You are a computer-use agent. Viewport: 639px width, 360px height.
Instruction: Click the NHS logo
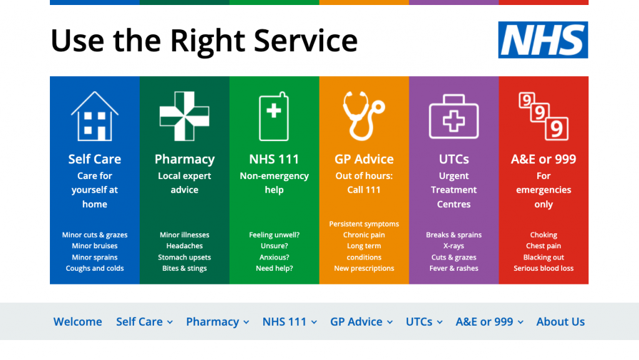tap(543, 40)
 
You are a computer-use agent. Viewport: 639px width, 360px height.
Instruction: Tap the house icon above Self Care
tap(95, 116)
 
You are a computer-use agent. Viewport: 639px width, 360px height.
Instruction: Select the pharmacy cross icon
tap(184, 116)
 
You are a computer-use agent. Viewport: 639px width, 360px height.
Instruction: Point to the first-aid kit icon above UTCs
tap(454, 117)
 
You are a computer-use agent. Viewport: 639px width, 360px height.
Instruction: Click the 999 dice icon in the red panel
tap(544, 116)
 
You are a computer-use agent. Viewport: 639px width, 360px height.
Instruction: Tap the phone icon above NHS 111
tap(274, 117)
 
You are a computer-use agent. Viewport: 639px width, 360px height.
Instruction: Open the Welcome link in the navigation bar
tap(77, 322)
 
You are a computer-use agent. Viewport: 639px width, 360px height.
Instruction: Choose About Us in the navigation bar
tap(560, 322)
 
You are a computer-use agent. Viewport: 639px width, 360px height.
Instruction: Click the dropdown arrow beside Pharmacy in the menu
tap(246, 322)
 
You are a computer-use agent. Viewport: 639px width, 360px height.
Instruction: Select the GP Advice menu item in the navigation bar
tap(356, 322)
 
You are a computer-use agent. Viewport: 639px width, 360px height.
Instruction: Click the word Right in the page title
tap(207, 41)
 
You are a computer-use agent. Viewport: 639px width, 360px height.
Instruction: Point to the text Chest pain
tap(544, 246)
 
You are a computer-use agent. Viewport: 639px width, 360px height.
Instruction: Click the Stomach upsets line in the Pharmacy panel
tap(184, 258)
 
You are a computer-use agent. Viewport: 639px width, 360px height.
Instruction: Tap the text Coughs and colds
tap(95, 268)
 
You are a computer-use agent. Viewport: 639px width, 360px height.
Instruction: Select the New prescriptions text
tap(364, 268)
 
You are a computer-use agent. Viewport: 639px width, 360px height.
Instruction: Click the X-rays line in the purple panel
tap(454, 246)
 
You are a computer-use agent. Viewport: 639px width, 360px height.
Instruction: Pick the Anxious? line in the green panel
tap(275, 258)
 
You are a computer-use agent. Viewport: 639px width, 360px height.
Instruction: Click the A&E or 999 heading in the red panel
tap(544, 159)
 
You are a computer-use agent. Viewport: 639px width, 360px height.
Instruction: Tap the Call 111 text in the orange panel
tap(364, 190)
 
